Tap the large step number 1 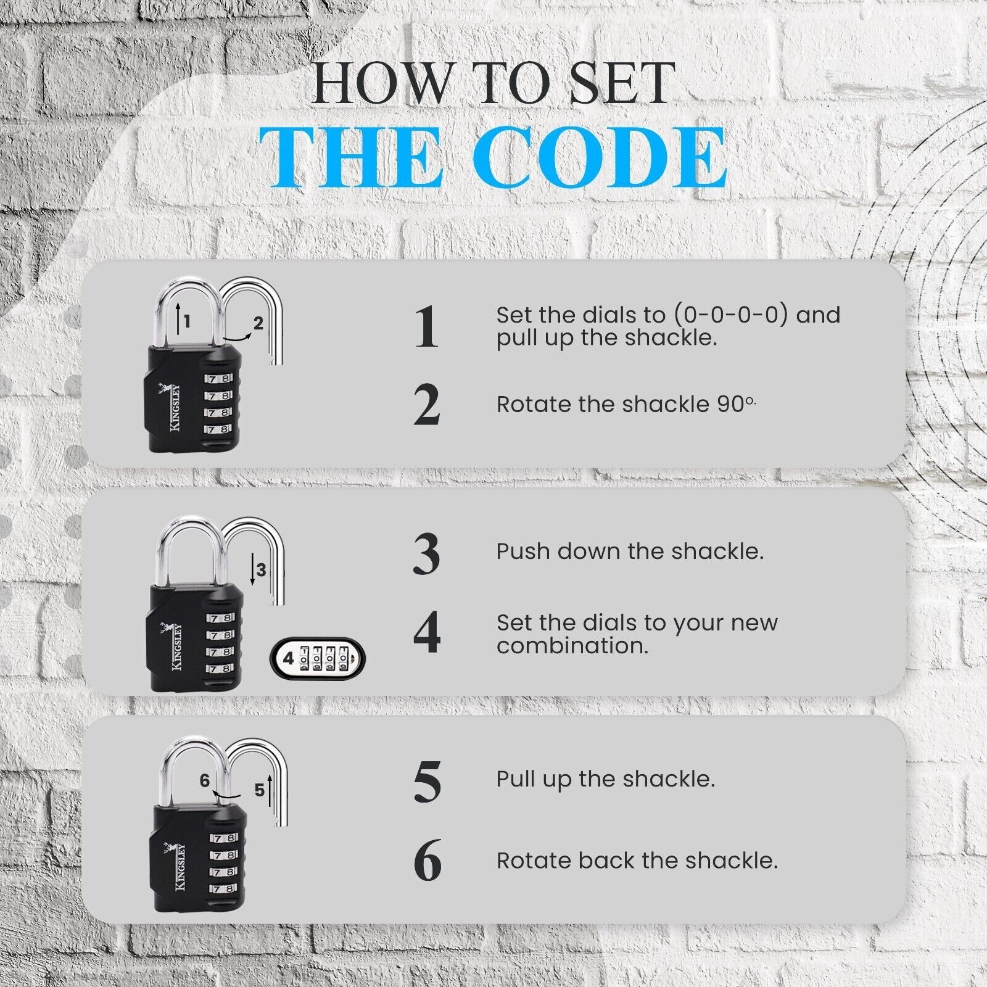(x=426, y=326)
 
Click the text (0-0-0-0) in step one (x=730, y=315)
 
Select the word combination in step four (x=572, y=646)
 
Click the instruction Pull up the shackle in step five (x=605, y=779)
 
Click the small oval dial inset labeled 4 (x=318, y=658)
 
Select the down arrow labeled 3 (x=252, y=569)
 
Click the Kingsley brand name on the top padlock (x=175, y=408)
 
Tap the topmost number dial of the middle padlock (x=220, y=617)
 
